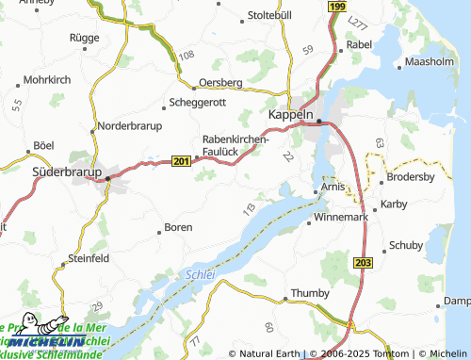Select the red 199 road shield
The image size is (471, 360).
pyautogui.click(x=336, y=7)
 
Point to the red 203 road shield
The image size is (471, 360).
pyautogui.click(x=365, y=261)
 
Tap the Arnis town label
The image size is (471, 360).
pyautogui.click(x=331, y=188)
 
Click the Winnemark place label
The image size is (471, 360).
pyautogui.click(x=344, y=217)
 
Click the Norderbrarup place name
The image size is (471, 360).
pyautogui.click(x=130, y=126)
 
